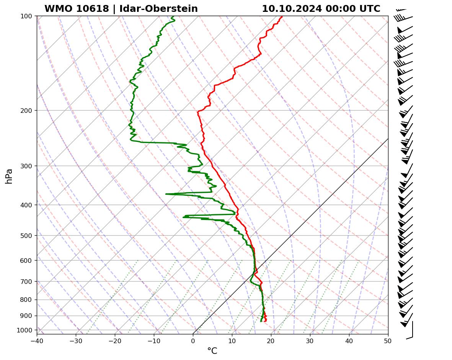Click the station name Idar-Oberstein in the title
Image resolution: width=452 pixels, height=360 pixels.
coord(158,9)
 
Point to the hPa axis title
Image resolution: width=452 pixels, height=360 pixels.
coord(9,176)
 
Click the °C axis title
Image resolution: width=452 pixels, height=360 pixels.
coord(212,351)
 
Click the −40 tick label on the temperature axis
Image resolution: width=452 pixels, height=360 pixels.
coord(37,340)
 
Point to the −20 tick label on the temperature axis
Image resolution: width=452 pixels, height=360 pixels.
coord(115,340)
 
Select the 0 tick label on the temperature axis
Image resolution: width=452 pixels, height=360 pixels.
coord(193,340)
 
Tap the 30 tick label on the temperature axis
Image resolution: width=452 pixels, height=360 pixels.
coord(310,340)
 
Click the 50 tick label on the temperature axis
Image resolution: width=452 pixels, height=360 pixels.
coord(388,340)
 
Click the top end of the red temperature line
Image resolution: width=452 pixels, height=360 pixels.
coord(282,16)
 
